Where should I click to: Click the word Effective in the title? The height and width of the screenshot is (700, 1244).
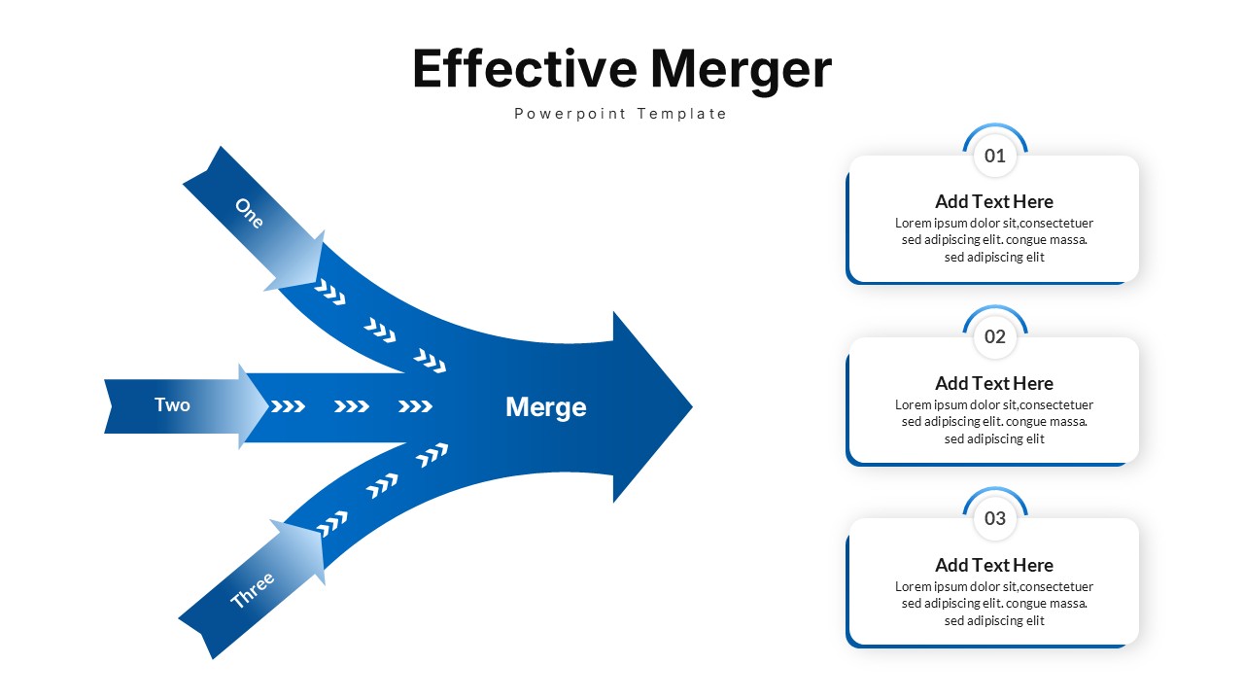pyautogui.click(x=524, y=69)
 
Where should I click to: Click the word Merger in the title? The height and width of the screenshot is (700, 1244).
pyautogui.click(x=741, y=69)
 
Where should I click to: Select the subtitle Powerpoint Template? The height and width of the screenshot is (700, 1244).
pyautogui.click(x=621, y=114)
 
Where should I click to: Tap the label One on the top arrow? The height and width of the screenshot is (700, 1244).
pyautogui.click(x=249, y=213)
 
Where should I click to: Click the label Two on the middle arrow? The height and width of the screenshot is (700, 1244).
pyautogui.click(x=172, y=404)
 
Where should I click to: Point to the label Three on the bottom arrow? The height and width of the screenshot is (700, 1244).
pyautogui.click(x=253, y=590)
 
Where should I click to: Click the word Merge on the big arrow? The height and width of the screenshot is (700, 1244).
pyautogui.click(x=545, y=406)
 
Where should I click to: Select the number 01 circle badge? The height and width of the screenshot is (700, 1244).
pyautogui.click(x=995, y=156)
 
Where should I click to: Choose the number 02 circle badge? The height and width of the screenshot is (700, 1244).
pyautogui.click(x=995, y=337)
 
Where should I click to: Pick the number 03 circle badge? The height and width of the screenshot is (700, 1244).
pyautogui.click(x=995, y=518)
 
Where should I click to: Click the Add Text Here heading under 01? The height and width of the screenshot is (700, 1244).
pyautogui.click(x=993, y=201)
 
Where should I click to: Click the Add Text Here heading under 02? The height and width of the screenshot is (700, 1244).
pyautogui.click(x=993, y=383)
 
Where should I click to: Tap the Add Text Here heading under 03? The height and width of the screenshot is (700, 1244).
pyautogui.click(x=993, y=565)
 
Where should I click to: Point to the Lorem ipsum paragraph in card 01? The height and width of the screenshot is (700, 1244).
pyautogui.click(x=993, y=240)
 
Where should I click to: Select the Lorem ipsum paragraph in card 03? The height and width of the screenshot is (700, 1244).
pyautogui.click(x=993, y=604)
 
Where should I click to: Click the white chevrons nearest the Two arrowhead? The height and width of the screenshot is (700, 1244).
pyautogui.click(x=288, y=406)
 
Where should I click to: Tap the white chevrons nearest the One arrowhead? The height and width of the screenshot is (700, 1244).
pyautogui.click(x=329, y=292)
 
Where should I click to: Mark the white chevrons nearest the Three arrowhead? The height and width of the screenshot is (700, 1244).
pyautogui.click(x=332, y=523)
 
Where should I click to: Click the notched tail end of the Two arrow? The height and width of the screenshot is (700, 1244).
pyautogui.click(x=111, y=406)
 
